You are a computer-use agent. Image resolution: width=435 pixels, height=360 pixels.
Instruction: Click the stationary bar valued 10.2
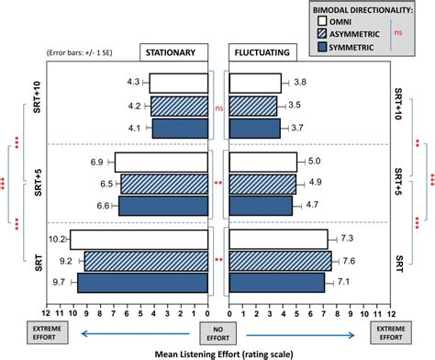(139, 239)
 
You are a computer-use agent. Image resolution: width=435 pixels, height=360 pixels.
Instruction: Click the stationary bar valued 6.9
(161, 163)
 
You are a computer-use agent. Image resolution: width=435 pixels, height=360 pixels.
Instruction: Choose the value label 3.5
(294, 107)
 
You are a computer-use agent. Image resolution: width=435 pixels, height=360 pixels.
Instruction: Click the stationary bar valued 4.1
(180, 129)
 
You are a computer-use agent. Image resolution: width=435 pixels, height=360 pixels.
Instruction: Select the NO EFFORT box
(218, 328)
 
